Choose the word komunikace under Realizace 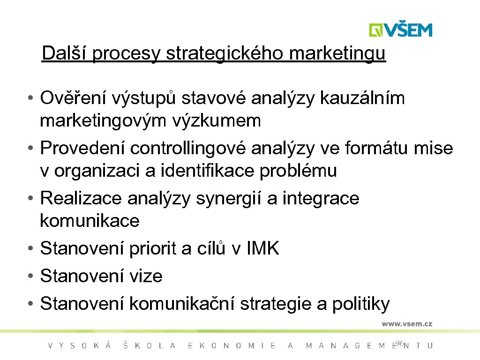(90, 220)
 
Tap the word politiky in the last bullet (360, 304)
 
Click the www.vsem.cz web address (406, 324)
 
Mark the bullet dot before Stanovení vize (30, 276)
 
